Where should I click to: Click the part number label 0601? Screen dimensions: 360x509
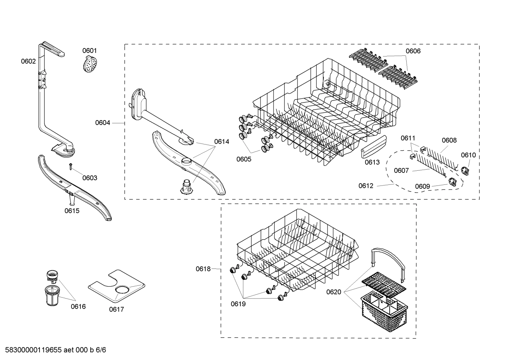tap(90, 51)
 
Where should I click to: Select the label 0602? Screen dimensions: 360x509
tap(28, 61)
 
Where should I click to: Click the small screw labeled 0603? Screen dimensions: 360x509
tap(71, 166)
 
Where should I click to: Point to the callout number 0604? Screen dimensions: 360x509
tap(102, 123)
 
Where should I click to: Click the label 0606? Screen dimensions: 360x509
tap(413, 51)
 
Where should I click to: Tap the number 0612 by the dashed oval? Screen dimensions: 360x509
tap(366, 186)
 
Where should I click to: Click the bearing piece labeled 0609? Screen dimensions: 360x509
tap(452, 182)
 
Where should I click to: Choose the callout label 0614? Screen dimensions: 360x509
tap(222, 142)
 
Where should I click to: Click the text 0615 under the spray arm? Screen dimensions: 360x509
tap(72, 211)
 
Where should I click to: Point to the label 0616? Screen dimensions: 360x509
tap(78, 306)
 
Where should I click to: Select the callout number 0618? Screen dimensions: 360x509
tap(203, 269)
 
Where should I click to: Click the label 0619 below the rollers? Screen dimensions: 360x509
tap(238, 304)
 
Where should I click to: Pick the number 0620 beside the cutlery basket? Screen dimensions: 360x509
tap(334, 292)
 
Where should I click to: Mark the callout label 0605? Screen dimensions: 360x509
tap(244, 159)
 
